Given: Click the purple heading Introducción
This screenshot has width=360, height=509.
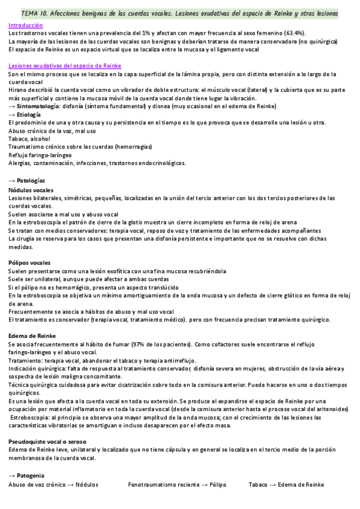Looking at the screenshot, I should pos(25,26).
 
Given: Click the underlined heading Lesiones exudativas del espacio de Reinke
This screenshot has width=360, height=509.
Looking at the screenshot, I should pos(65,65).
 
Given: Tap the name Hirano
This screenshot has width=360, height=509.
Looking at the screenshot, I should pos(18,89).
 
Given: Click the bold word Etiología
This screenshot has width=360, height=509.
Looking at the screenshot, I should pos(29,114).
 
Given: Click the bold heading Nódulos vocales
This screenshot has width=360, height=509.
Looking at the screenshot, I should pos(31,190).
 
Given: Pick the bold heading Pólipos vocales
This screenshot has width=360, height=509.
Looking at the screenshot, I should pos(29,263).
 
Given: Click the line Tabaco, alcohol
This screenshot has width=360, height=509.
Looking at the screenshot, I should pos(29,139).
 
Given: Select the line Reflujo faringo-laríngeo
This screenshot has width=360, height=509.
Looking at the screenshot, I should pos(41,155).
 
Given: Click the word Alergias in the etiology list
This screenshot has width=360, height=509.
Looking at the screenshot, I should pos(20,163).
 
